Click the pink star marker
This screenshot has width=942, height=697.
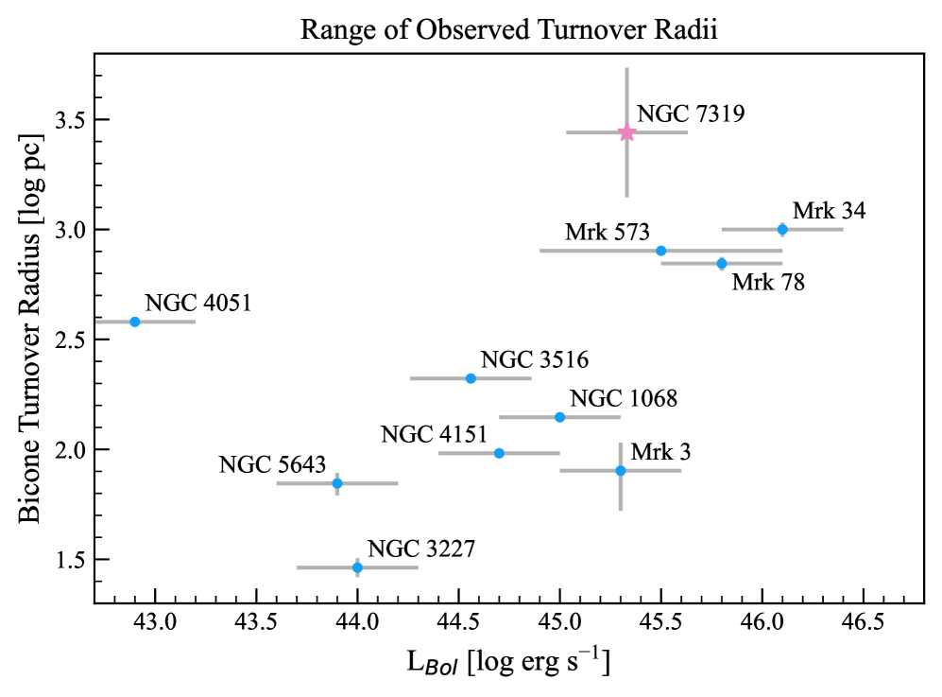pyautogui.click(x=626, y=132)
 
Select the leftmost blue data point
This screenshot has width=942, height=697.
pyautogui.click(x=135, y=322)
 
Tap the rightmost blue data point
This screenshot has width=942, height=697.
pyautogui.click(x=782, y=229)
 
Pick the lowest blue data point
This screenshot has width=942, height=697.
pyautogui.click(x=357, y=567)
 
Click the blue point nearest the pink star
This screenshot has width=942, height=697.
pyautogui.click(x=661, y=251)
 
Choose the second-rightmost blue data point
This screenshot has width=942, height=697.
pyautogui.click(x=722, y=263)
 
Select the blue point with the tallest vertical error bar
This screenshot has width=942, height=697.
pyautogui.click(x=621, y=470)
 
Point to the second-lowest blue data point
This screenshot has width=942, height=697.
pyautogui.click(x=337, y=483)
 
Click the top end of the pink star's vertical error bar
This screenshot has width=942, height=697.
pyautogui.click(x=626, y=68)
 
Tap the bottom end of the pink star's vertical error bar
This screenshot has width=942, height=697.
pyautogui.click(x=626, y=197)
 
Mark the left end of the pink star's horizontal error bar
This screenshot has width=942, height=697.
pyautogui.click(x=566, y=132)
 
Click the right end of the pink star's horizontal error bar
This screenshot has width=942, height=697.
pyautogui.click(x=688, y=132)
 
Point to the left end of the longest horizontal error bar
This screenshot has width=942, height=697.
pyautogui.click(x=539, y=251)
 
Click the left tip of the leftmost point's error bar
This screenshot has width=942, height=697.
pyautogui.click(x=95, y=322)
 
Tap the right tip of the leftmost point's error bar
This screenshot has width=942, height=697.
pyautogui.click(x=197, y=322)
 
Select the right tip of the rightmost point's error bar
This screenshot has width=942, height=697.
pyautogui.click(x=843, y=229)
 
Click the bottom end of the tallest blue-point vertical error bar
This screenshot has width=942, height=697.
pyautogui.click(x=621, y=511)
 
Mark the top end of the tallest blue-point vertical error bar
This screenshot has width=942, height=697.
pyautogui.click(x=621, y=442)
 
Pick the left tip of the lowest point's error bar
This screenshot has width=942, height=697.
pyautogui.click(x=297, y=567)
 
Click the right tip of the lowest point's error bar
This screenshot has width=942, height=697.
pyautogui.click(x=419, y=567)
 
